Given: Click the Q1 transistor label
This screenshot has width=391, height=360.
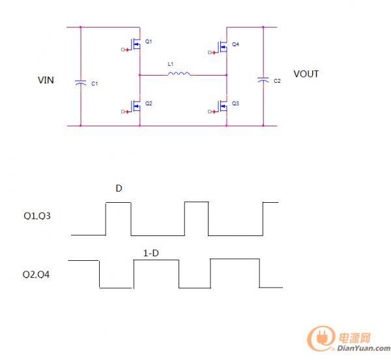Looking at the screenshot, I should click(149, 41).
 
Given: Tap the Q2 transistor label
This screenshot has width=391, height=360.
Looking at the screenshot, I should click(149, 104).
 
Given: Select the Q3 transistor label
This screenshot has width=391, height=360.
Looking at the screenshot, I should click(235, 104).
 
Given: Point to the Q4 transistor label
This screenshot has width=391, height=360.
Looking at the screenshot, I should click(235, 44).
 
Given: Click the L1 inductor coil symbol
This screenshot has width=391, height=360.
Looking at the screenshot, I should click(179, 74).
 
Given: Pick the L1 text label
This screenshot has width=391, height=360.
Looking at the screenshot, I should click(171, 64).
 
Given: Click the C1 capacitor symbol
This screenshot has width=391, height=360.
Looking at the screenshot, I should click(80, 83).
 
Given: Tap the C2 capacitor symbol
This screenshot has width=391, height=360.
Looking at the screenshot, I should click(263, 79).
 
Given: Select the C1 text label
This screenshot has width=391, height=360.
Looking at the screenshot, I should click(94, 84).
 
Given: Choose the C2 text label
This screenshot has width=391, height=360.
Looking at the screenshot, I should click(277, 81).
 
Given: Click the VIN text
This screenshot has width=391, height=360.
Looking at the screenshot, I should click(46, 80).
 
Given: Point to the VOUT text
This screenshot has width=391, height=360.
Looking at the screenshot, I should click(306, 74).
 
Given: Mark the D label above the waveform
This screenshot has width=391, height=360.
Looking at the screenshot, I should click(119, 188).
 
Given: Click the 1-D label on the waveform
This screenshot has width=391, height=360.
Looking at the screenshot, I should click(151, 252).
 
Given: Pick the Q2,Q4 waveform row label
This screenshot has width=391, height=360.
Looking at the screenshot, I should click(36, 275).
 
